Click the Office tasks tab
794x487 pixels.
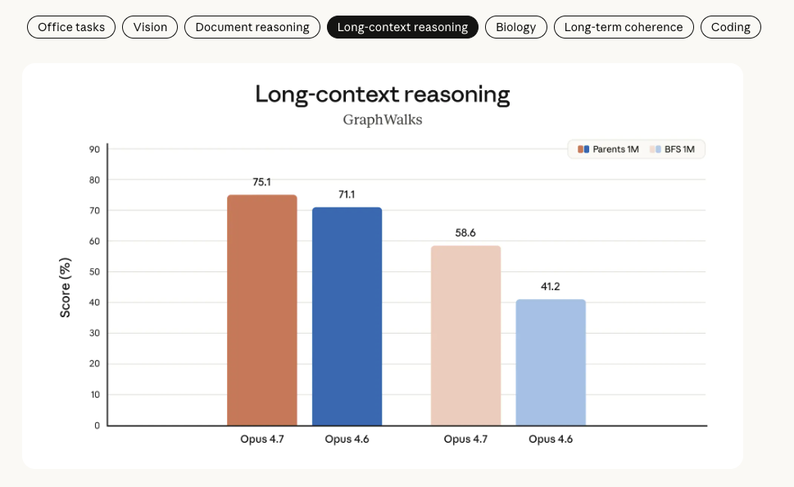click(x=71, y=27)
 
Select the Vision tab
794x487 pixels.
click(x=150, y=27)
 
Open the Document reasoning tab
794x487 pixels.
click(x=252, y=27)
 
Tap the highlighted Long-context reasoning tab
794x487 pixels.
click(x=402, y=27)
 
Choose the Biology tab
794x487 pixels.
click(x=516, y=27)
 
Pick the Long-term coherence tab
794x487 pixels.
click(x=624, y=27)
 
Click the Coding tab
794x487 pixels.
click(x=731, y=27)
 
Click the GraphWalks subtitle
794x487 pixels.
click(x=383, y=120)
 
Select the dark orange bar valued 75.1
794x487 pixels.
click(x=261, y=310)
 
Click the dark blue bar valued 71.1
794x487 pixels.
click(x=347, y=316)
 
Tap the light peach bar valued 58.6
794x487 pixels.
click(x=466, y=335)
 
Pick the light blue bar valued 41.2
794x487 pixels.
click(x=551, y=362)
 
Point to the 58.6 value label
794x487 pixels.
click(x=465, y=233)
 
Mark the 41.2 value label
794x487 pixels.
click(x=551, y=287)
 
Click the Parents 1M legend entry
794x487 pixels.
click(x=608, y=149)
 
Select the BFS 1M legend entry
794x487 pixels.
click(x=672, y=149)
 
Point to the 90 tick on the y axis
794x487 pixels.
click(x=94, y=149)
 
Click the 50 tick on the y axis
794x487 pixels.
click(x=94, y=272)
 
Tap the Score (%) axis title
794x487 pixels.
click(x=66, y=288)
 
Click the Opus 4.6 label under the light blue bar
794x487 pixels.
click(x=551, y=439)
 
